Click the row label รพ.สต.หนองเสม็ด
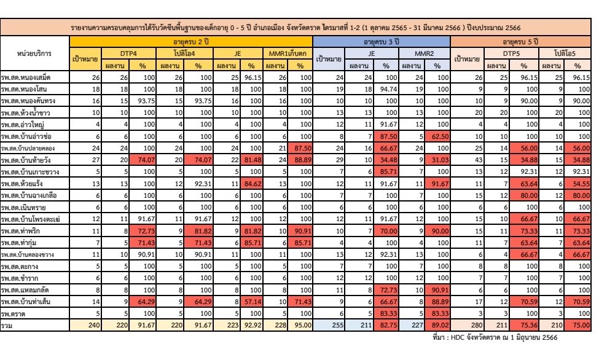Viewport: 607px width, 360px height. [x=26, y=77]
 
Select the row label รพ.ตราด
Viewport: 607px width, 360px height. [x=13, y=313]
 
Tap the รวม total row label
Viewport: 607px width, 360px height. [x=7, y=326]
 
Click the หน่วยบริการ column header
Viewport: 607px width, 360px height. [x=34, y=53]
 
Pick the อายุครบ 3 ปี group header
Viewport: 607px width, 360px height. [x=382, y=41]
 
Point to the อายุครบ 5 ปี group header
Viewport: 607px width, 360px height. [x=520, y=41]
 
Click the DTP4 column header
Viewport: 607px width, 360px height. [x=128, y=53]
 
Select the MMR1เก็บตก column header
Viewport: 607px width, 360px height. [x=288, y=53]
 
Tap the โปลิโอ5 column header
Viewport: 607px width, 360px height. [x=565, y=53]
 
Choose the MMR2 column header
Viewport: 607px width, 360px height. [x=425, y=53]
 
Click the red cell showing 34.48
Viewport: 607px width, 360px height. [x=386, y=160]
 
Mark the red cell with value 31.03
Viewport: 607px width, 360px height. [x=437, y=160]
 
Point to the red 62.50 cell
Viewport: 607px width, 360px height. [x=437, y=136]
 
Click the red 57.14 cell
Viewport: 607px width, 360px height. [x=251, y=302]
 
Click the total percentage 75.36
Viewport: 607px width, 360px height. [x=524, y=325]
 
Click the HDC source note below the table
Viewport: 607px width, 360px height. [x=495, y=337]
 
